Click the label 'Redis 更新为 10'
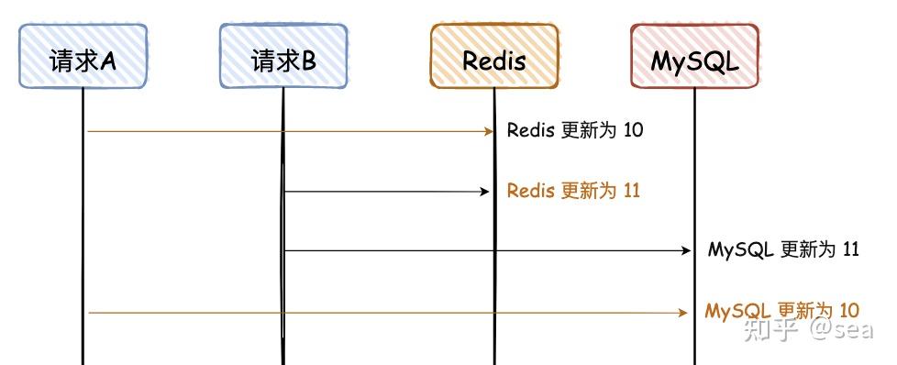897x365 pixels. coord(575,130)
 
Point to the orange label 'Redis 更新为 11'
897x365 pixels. coord(573,191)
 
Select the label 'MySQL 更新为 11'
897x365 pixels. coord(783,249)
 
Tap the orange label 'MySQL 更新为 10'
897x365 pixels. coord(781,311)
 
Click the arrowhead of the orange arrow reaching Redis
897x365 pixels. coord(490,131)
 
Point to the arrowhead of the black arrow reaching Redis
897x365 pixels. coord(488,192)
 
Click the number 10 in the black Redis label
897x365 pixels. coord(633,130)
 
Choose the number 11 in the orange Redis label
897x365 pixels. coord(630,191)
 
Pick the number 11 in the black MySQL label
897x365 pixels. coord(849,249)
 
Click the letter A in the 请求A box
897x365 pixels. coord(107,61)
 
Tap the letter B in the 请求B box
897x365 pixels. coord(308,61)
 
